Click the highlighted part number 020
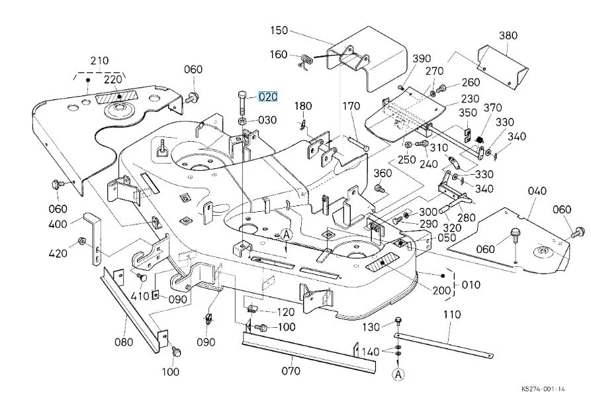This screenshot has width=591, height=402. pos(268,97)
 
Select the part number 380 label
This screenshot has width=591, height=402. pos(508,35)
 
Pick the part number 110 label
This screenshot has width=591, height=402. pos(452,315)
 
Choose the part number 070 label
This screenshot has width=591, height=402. pos(291,371)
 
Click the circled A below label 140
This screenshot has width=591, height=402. pos(398,374)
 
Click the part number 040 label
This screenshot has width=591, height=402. pos(537,191)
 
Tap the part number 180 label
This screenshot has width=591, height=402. pos(303,106)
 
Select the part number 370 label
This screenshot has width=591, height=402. pos(493,109)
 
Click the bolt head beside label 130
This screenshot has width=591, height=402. pos(398,322)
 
